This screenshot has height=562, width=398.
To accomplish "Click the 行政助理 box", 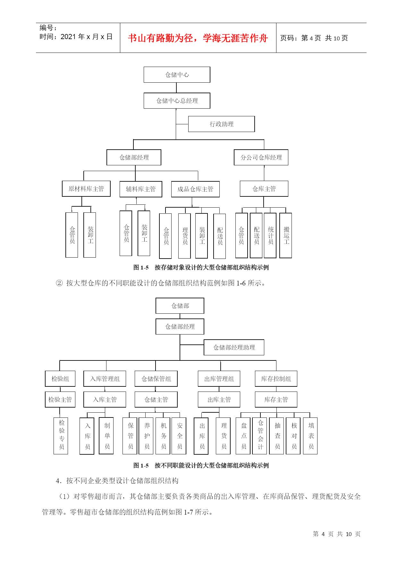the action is point(221,124).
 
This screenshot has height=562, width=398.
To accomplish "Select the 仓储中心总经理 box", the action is point(177,101).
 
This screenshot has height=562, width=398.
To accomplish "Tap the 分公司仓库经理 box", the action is point(261,157).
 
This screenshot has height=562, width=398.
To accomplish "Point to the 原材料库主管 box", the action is point(86,189).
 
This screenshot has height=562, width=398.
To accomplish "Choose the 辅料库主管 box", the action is point(141,189).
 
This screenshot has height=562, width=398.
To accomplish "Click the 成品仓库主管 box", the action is point(195,189).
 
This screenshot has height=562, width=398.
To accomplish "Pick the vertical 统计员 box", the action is point(270,236).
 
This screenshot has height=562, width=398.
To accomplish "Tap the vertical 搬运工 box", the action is point(286,236).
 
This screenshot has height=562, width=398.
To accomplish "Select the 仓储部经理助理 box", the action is point(234,347).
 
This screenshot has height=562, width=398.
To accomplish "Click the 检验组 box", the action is point(60,379).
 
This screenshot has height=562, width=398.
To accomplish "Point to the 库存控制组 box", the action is point(276,379).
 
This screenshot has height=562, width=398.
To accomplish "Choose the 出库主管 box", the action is point(219,400).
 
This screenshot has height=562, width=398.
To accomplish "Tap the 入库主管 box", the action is point(105,400).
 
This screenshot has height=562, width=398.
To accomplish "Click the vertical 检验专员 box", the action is point(61,436).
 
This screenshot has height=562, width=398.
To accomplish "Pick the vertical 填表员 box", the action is point(310,436).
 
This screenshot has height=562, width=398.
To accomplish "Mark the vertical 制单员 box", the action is point(106,436).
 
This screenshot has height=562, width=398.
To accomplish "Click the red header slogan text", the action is point(198,38).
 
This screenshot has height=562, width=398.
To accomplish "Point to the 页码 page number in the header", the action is point(314,38).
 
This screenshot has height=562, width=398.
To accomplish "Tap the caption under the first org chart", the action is point(201,267).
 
